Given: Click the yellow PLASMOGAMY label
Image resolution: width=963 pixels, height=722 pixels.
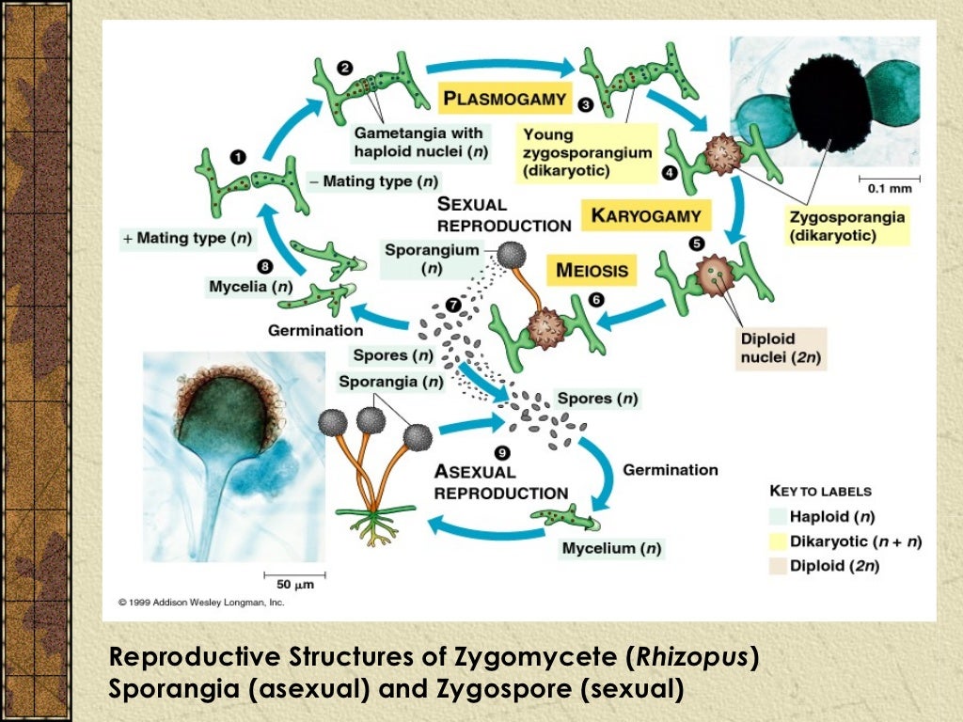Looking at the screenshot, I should [x=504, y=98].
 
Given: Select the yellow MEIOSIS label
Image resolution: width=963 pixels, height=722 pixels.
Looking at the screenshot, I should [x=591, y=272].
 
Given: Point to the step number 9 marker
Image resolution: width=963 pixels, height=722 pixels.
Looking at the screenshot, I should [x=503, y=452].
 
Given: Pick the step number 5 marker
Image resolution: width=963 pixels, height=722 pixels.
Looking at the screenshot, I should [x=696, y=243].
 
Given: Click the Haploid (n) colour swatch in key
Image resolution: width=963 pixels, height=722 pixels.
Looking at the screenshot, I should [x=777, y=516].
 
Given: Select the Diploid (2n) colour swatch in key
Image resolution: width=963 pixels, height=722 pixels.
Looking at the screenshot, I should [x=777, y=566].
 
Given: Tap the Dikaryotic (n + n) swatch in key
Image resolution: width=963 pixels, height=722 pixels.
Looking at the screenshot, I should [x=777, y=541].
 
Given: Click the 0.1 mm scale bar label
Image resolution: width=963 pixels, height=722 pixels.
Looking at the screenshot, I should [x=889, y=187].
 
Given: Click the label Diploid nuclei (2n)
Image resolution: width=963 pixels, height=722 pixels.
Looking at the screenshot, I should [x=769, y=348].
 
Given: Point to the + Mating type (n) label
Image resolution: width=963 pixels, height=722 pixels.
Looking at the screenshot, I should [x=187, y=239].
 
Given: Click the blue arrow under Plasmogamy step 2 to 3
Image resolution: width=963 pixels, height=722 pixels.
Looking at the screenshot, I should [x=498, y=68].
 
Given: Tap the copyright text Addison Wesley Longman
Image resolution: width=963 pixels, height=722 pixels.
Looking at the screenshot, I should [x=201, y=602].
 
